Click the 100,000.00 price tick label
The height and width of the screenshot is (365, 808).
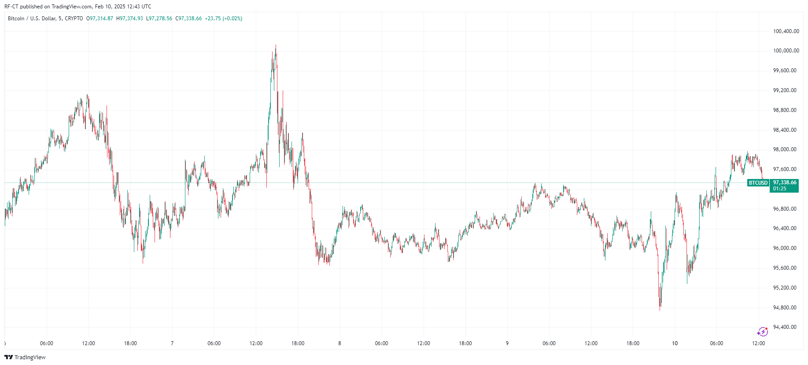coord(786,51)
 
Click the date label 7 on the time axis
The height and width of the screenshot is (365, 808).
coord(172,343)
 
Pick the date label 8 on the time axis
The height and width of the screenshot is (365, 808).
coord(339,343)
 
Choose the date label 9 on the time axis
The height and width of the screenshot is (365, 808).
coord(507,343)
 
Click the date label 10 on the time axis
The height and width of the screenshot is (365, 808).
coord(675,343)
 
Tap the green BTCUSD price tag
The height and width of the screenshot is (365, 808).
coord(758,183)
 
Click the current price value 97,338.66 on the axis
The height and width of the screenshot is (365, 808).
coord(785,182)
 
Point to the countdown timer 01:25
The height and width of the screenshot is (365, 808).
coord(779,189)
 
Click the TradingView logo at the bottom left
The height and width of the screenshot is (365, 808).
coord(25,357)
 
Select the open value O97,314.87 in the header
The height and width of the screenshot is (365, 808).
coord(100,19)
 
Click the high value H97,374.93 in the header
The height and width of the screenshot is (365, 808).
coord(130,19)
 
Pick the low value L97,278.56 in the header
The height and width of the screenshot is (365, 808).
coord(159,19)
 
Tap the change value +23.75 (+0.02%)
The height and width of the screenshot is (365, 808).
coord(224,19)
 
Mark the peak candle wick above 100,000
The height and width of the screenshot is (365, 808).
coord(276,46)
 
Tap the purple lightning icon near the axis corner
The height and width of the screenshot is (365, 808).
coord(762,331)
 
